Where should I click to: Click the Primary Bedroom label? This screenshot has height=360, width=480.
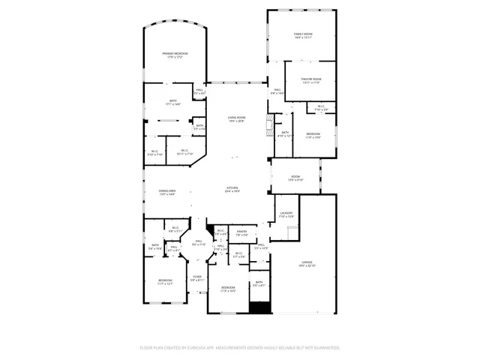175,55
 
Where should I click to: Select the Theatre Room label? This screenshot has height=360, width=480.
311,80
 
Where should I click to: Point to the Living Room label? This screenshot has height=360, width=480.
236,119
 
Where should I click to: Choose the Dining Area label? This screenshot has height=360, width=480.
167,193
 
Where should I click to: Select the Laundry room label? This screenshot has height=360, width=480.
286,214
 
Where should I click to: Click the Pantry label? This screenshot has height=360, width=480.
241,233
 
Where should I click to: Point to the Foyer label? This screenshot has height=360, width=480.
196,277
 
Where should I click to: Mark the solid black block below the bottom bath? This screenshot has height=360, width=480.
259,307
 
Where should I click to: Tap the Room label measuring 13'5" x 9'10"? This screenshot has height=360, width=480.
295,178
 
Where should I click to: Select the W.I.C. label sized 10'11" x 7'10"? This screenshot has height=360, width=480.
184,152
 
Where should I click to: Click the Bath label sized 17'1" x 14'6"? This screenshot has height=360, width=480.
173,103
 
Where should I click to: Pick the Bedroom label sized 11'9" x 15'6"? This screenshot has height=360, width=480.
313,136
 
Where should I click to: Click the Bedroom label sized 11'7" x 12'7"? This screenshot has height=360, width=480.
165,282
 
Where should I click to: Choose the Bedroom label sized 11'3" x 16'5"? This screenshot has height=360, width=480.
228,289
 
